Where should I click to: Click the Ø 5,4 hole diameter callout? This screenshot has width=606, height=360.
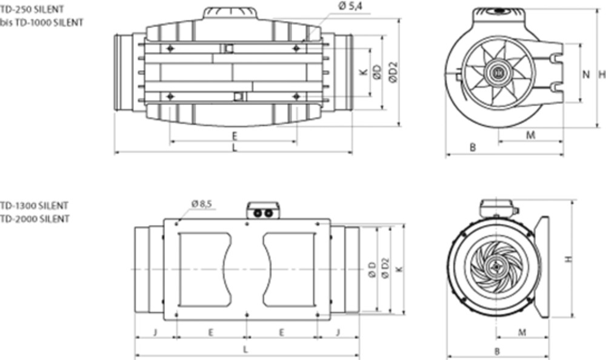pos(350,6)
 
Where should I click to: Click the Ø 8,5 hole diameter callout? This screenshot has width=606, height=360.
pos(201,204)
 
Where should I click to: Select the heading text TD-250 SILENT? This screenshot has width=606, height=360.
pos(32,8)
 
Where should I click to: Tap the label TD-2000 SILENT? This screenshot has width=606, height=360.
pos(35,219)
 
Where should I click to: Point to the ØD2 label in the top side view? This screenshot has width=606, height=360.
pos(393,73)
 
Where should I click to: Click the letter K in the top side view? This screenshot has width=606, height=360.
pos(363,72)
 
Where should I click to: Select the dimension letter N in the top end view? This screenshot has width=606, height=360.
pos(586,75)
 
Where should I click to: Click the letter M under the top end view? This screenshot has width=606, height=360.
pos(531,135)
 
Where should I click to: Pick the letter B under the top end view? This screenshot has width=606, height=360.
pos(472,147)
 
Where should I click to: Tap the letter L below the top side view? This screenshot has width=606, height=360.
pos(234,148)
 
